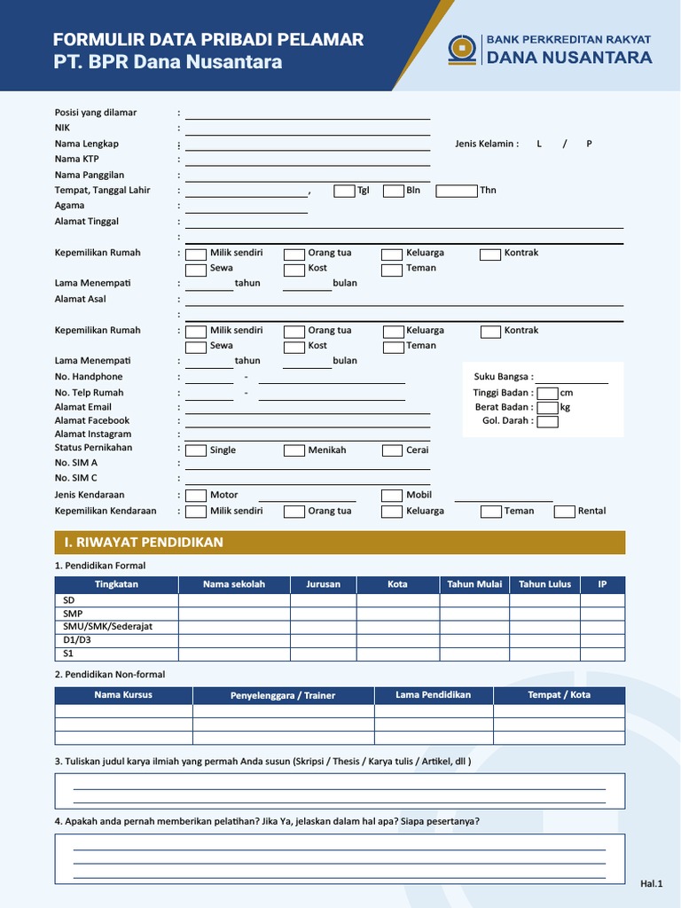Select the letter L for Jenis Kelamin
point(538,144)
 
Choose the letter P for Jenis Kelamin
point(589,144)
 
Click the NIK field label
point(62,128)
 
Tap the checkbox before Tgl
point(344,191)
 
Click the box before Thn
point(456,191)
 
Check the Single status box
point(196,450)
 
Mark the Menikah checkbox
point(294,450)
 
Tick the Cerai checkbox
point(393,450)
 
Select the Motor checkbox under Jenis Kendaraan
point(196,495)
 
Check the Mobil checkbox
point(392,495)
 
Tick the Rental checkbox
point(565,511)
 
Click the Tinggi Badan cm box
point(547,393)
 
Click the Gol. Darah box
point(547,421)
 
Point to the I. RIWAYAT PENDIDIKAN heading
point(144,542)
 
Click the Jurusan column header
point(323,584)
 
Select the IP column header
point(602,584)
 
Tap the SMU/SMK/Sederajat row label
point(107,626)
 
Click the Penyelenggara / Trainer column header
point(283,695)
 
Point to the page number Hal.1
point(652,883)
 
